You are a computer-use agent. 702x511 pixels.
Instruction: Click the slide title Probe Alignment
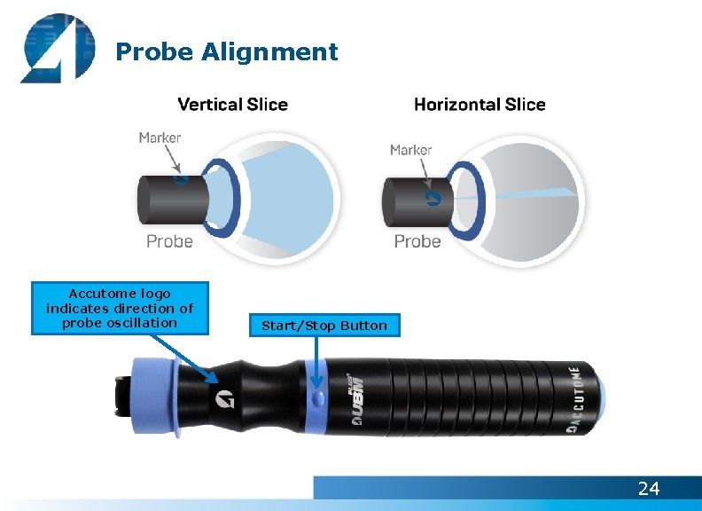coord(227,52)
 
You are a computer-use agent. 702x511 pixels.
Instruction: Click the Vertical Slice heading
coord(233,105)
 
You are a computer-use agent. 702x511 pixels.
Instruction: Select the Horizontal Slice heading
coord(480,105)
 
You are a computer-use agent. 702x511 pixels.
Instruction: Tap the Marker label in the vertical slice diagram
coord(160,138)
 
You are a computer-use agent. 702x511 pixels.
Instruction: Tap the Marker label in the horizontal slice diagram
coord(410,150)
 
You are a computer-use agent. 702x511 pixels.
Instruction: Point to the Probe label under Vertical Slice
coord(169,241)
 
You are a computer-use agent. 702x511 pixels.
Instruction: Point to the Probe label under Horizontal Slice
coord(417,241)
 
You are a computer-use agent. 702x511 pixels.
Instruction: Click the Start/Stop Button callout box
coord(324,326)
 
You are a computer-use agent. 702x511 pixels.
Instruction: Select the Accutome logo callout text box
coord(120,308)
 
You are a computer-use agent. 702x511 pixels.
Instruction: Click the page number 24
coord(649,488)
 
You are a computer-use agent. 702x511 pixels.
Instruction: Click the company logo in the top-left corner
coord(57,48)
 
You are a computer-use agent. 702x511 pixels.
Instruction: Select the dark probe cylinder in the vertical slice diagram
coord(170,196)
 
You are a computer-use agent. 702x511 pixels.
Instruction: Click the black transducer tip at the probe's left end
coord(122,398)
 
